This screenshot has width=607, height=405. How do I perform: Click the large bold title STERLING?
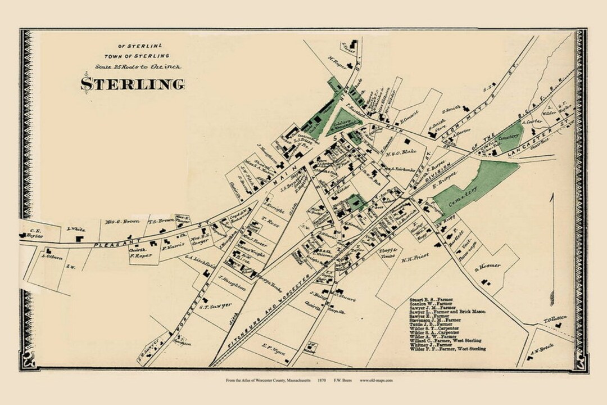click(x=133, y=84)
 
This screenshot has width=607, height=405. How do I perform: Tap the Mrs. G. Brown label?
click(x=118, y=221)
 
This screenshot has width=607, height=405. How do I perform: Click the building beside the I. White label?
click(x=78, y=238)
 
